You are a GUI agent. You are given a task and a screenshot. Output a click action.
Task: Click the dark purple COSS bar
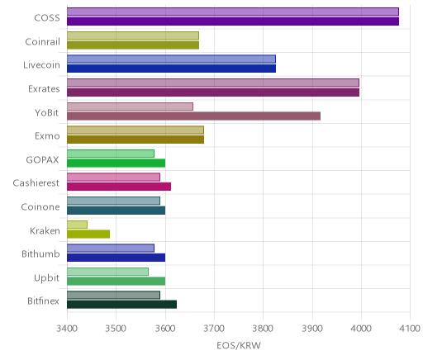tap(233, 21)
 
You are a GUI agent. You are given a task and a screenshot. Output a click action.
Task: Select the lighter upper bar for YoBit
tap(130, 107)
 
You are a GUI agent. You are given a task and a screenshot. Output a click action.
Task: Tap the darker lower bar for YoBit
tap(193, 116)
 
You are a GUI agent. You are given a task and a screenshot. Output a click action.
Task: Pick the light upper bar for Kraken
tap(77, 225)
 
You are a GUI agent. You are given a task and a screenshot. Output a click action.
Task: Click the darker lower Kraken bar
tap(88, 234)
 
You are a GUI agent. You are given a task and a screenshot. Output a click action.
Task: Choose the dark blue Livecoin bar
tap(171, 69)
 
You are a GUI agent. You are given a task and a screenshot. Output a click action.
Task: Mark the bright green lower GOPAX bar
tap(116, 163)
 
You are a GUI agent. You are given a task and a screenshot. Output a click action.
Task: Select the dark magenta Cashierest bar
tap(119, 187)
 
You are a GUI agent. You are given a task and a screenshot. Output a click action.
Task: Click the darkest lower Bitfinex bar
tap(122, 305)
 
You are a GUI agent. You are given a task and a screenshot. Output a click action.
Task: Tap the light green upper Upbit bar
tap(107, 272)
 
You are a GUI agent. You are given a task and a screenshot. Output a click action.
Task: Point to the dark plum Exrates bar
tap(213, 92)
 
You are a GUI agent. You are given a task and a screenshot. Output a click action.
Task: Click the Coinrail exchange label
tap(43, 42)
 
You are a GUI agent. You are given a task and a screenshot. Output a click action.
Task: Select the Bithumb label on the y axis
tap(40, 253)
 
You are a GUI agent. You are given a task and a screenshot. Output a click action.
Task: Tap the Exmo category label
tap(47, 136)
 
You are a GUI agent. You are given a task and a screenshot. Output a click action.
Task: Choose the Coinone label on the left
tap(40, 206)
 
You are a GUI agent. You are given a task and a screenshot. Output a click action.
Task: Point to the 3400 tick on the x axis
tap(67, 329)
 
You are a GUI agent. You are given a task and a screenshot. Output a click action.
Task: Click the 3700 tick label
tap(214, 329)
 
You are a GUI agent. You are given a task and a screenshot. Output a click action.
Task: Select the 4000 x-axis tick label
tap(361, 329)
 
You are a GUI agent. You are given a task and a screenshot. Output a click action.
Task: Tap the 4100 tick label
tap(410, 329)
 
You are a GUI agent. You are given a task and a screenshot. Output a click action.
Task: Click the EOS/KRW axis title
tap(239, 346)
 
